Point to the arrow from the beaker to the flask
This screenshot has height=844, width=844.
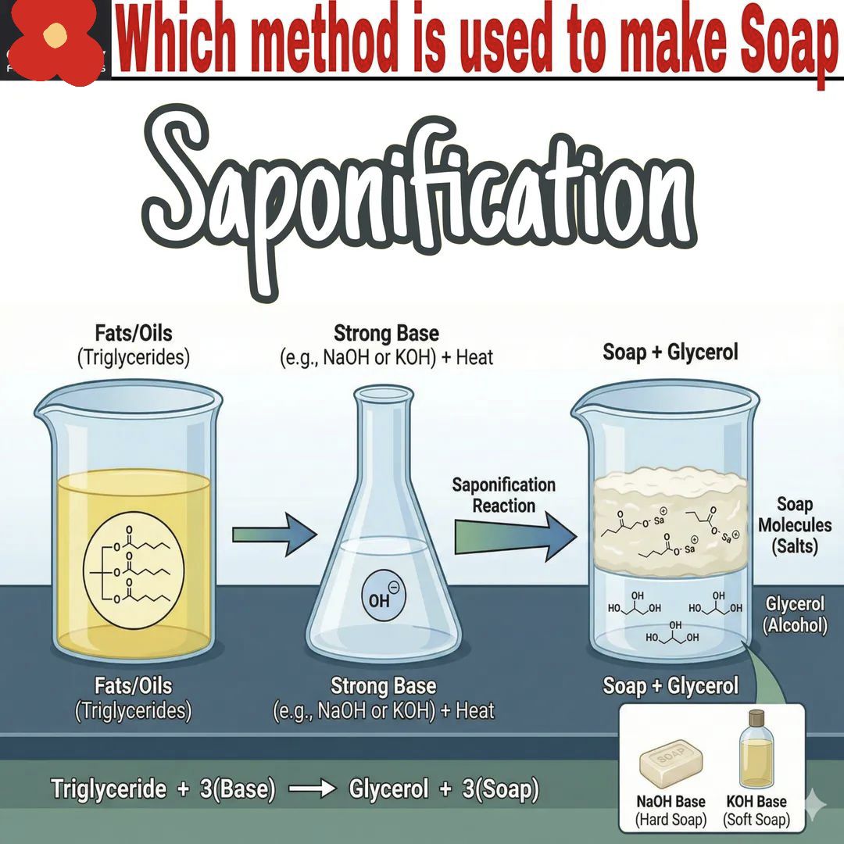tap(274, 534)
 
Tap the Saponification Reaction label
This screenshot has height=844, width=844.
tap(504, 495)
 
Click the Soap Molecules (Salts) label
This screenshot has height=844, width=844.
tap(795, 525)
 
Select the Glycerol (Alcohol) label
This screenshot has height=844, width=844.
tap(795, 614)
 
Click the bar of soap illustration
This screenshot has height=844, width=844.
tap(671, 764)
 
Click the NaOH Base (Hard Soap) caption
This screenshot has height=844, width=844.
tap(671, 810)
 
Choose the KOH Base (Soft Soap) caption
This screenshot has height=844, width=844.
tap(756, 810)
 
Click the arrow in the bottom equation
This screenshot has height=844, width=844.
tap(312, 789)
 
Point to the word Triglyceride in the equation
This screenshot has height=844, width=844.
tap(109, 789)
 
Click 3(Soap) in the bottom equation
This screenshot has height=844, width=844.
tap(500, 789)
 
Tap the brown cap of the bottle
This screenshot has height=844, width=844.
tap(756, 718)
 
